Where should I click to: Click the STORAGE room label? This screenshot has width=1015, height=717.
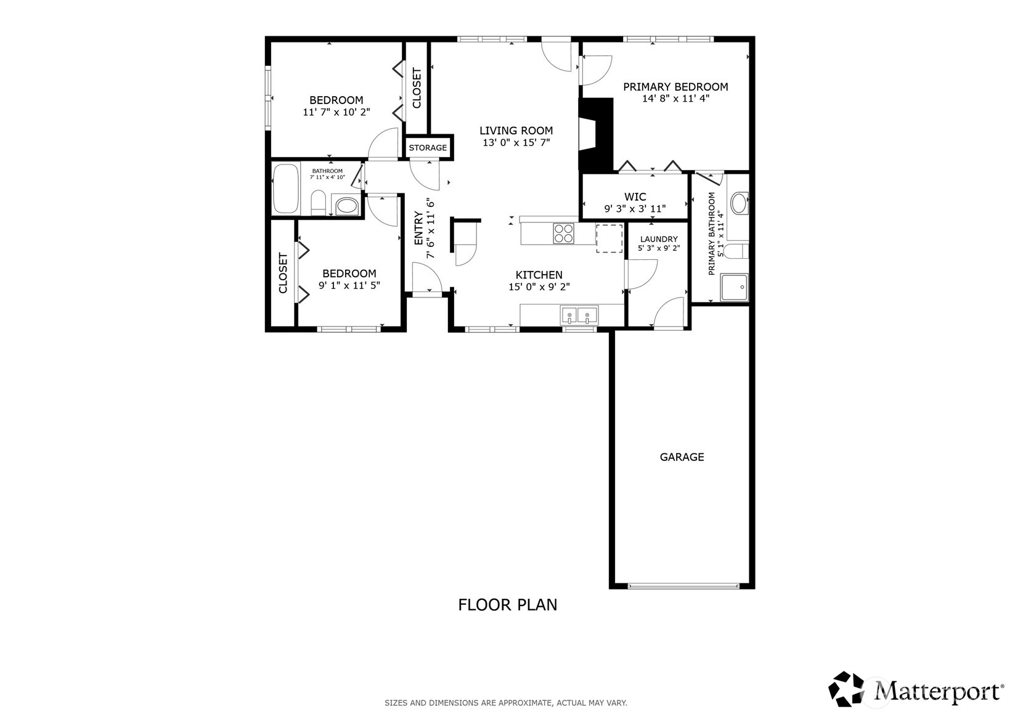[428, 148]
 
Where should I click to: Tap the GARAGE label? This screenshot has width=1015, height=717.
[682, 457]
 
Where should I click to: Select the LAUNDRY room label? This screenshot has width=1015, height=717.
[659, 239]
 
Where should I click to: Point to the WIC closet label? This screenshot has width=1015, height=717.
[635, 197]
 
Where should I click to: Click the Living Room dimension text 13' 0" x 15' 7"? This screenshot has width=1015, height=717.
[516, 143]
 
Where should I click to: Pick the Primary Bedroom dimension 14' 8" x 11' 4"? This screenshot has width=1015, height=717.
[675, 99]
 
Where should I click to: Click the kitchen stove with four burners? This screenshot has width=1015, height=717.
[563, 233]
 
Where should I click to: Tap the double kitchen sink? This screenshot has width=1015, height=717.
[579, 315]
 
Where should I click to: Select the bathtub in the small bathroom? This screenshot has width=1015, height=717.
[285, 188]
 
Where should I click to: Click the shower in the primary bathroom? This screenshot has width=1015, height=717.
[735, 287]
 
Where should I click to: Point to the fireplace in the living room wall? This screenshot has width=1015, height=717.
[596, 135]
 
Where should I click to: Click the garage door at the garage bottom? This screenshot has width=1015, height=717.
[683, 586]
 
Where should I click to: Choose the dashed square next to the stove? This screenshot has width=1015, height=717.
[609, 238]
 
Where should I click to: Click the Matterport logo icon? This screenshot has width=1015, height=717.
[846, 689]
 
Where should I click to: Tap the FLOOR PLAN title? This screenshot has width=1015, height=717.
[508, 605]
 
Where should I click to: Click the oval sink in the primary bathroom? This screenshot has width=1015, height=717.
[740, 203]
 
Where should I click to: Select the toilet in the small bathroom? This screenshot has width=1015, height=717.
[318, 203]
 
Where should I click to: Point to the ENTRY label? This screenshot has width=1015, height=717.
[418, 229]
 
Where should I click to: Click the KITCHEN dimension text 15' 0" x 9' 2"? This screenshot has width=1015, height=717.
[539, 286]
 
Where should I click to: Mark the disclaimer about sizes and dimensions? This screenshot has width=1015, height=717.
[506, 703]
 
